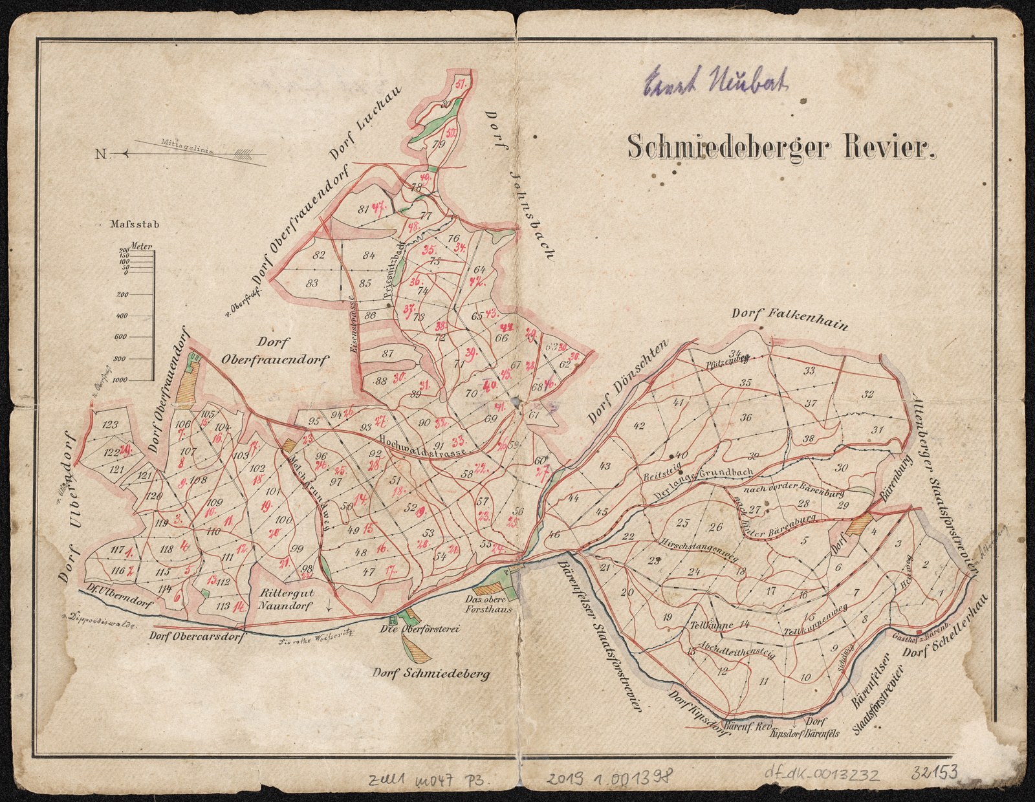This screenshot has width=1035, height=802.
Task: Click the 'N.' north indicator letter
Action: click(102, 154)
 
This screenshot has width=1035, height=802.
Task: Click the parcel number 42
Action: click(639, 426)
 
